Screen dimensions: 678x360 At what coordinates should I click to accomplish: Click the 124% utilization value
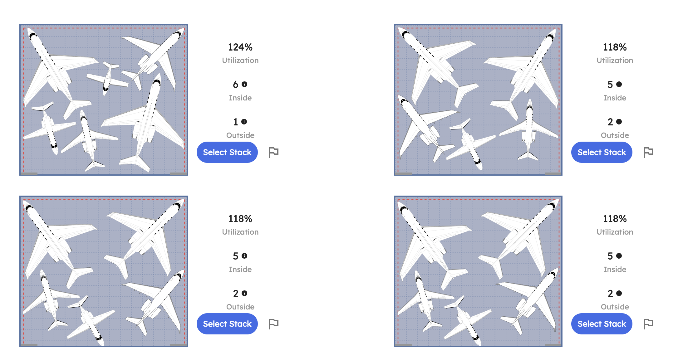tap(240, 47)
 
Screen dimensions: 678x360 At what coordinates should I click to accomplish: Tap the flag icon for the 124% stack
tap(273, 152)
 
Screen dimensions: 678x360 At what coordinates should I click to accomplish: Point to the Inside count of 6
tap(236, 84)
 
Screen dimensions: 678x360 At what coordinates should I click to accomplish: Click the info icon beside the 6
tap(244, 84)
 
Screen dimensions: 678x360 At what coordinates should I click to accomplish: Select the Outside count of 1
tap(236, 122)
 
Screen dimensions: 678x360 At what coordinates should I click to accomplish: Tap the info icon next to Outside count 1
tap(244, 122)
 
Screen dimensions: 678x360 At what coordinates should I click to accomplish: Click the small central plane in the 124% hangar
tap(108, 78)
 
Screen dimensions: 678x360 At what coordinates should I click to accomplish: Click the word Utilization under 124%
tap(240, 60)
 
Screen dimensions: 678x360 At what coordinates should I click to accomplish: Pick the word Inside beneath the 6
tap(240, 98)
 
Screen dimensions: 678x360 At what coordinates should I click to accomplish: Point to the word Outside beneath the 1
tap(240, 135)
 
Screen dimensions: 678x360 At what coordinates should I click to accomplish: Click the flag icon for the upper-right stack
tap(648, 152)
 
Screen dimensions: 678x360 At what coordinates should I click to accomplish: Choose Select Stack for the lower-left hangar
tap(227, 324)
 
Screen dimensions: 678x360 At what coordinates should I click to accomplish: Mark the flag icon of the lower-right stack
tap(648, 324)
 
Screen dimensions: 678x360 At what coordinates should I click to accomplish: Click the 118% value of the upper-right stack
tap(615, 47)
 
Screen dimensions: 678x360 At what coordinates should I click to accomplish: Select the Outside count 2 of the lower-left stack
tap(236, 293)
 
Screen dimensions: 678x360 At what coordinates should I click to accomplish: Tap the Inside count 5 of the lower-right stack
tap(610, 256)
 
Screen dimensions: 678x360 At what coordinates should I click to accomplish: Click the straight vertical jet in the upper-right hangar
tap(528, 129)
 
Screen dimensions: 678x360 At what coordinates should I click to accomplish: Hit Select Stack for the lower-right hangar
tap(602, 324)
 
